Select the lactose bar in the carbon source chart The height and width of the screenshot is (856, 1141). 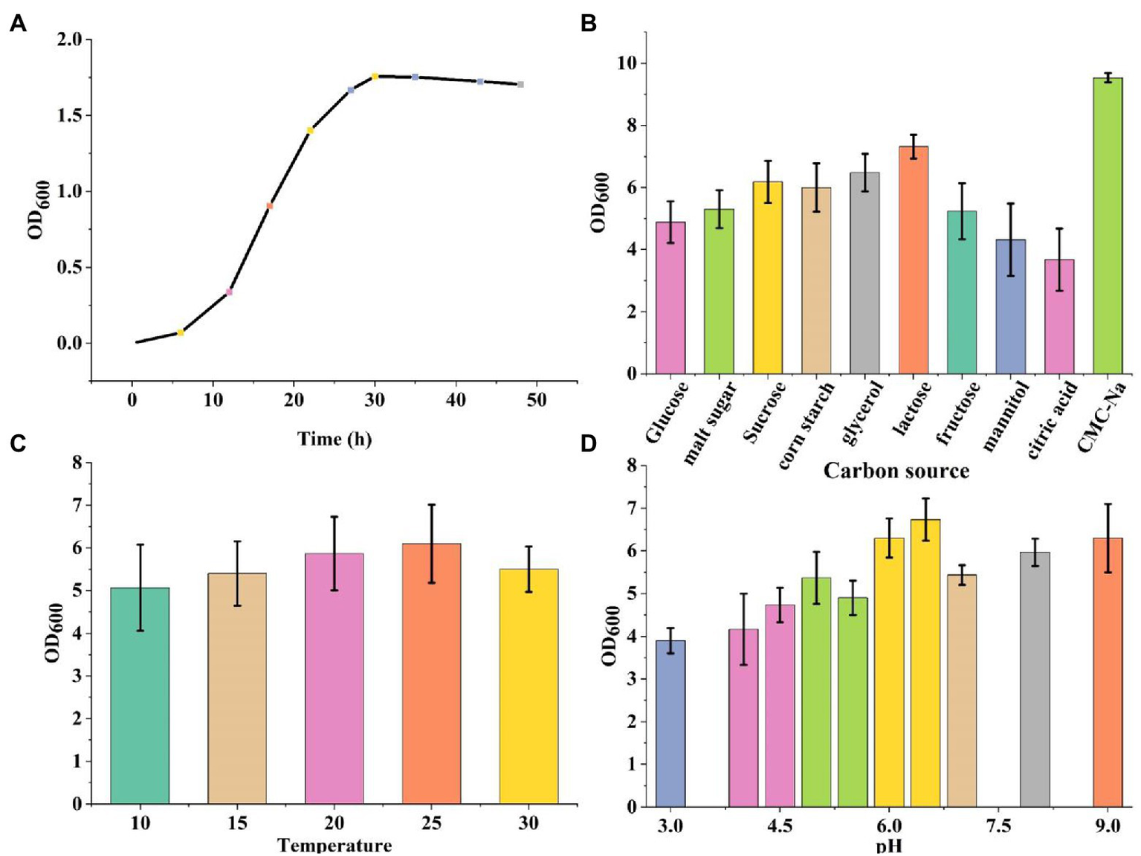pos(913,260)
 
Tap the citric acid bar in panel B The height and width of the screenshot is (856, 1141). pos(1058,316)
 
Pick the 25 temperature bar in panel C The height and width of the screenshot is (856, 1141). pos(431,673)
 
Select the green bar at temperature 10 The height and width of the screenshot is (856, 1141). pos(140,695)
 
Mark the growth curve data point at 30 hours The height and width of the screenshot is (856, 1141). pos(375,76)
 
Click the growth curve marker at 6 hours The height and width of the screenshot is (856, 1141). pos(181,332)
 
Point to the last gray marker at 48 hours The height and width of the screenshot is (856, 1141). pos(521,84)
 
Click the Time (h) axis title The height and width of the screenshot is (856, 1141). pos(334,439)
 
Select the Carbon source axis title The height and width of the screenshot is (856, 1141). pos(896,471)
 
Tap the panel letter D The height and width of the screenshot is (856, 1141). pos(588,444)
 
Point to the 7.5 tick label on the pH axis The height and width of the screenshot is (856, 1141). pos(998,826)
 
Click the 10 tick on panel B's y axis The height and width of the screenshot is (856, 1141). pos(627,63)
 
